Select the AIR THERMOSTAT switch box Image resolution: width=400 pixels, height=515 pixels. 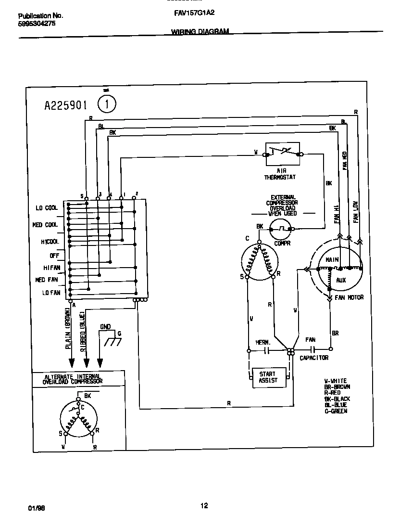pos(283,154)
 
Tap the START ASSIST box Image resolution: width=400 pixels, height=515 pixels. pos(268,377)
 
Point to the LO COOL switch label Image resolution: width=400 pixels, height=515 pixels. pos(47,208)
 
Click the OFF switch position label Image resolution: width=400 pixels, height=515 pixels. pos(54,256)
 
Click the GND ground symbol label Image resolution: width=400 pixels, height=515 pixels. pos(105,327)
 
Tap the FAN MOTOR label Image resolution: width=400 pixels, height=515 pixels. pos(349,297)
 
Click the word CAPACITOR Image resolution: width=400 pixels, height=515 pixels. pos(314,358)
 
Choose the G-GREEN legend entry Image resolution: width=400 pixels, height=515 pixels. pos(336,411)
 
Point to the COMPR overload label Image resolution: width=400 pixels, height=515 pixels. pos(283,243)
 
